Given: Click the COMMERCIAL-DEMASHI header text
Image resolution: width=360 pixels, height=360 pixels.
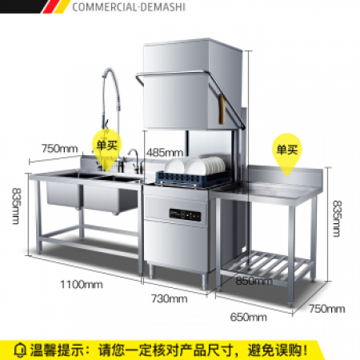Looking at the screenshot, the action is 129,7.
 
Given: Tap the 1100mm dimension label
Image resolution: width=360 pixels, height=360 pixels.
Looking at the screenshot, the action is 82,285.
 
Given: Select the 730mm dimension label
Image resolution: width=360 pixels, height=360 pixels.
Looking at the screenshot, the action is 169,298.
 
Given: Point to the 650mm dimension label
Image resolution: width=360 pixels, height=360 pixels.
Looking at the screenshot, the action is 248,317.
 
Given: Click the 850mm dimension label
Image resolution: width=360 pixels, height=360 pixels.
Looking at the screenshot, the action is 254,281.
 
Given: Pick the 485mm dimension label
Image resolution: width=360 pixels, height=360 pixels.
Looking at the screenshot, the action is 165,153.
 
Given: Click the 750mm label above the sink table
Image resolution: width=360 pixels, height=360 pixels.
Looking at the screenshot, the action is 59,149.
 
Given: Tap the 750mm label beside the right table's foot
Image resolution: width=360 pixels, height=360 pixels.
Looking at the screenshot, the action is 327,309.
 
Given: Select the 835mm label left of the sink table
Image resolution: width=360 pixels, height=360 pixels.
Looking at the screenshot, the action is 17,206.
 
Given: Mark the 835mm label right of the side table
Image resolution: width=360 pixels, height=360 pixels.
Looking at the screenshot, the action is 337,218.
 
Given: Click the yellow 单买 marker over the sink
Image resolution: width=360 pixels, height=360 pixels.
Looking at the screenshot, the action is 107,146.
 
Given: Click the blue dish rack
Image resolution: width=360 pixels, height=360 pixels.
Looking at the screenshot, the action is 192,178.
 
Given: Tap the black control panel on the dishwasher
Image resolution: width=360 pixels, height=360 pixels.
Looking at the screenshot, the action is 185,215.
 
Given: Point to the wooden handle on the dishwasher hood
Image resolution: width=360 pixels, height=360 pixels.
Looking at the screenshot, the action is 222,109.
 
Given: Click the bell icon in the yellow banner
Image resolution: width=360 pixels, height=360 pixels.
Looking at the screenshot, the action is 20,350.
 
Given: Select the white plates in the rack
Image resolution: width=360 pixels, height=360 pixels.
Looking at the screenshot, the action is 194,165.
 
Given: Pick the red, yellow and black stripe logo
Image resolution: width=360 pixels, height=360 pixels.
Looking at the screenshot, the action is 54,6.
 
